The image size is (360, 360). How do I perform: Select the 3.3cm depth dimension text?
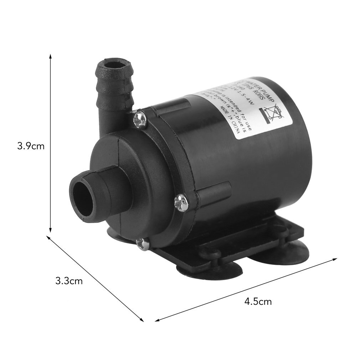pos(69,281)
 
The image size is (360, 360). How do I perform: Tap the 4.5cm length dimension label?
pos(258,302)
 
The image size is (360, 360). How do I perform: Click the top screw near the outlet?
pos(140,119)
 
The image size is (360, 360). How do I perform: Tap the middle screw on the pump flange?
pos(181,203)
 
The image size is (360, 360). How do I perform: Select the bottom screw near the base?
pos(143,244)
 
